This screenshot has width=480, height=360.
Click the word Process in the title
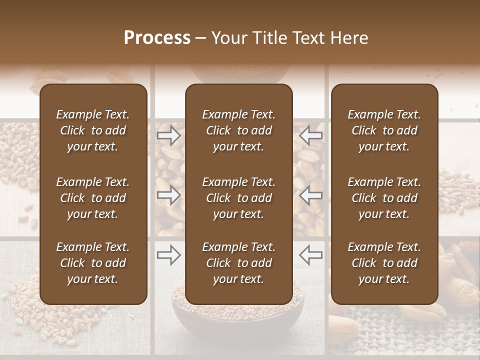157,38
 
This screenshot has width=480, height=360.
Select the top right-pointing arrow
169,135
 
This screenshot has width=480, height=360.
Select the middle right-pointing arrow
169,195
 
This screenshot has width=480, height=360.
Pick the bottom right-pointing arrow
169,255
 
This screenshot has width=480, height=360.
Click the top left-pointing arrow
310,135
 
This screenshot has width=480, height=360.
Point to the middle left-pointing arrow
310,195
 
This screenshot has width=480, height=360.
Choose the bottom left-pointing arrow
310,255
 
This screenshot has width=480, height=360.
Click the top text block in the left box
93,130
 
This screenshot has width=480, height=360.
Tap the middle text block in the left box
93,198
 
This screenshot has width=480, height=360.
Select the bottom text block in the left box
93,263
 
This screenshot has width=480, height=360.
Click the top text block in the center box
238,130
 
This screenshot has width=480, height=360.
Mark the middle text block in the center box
238,198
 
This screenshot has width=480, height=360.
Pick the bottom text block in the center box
238,263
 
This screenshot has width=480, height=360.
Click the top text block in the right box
384,130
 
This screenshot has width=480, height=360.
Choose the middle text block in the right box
384,198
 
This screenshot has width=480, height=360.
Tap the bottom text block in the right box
384,263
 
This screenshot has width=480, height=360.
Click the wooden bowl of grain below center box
238,320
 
